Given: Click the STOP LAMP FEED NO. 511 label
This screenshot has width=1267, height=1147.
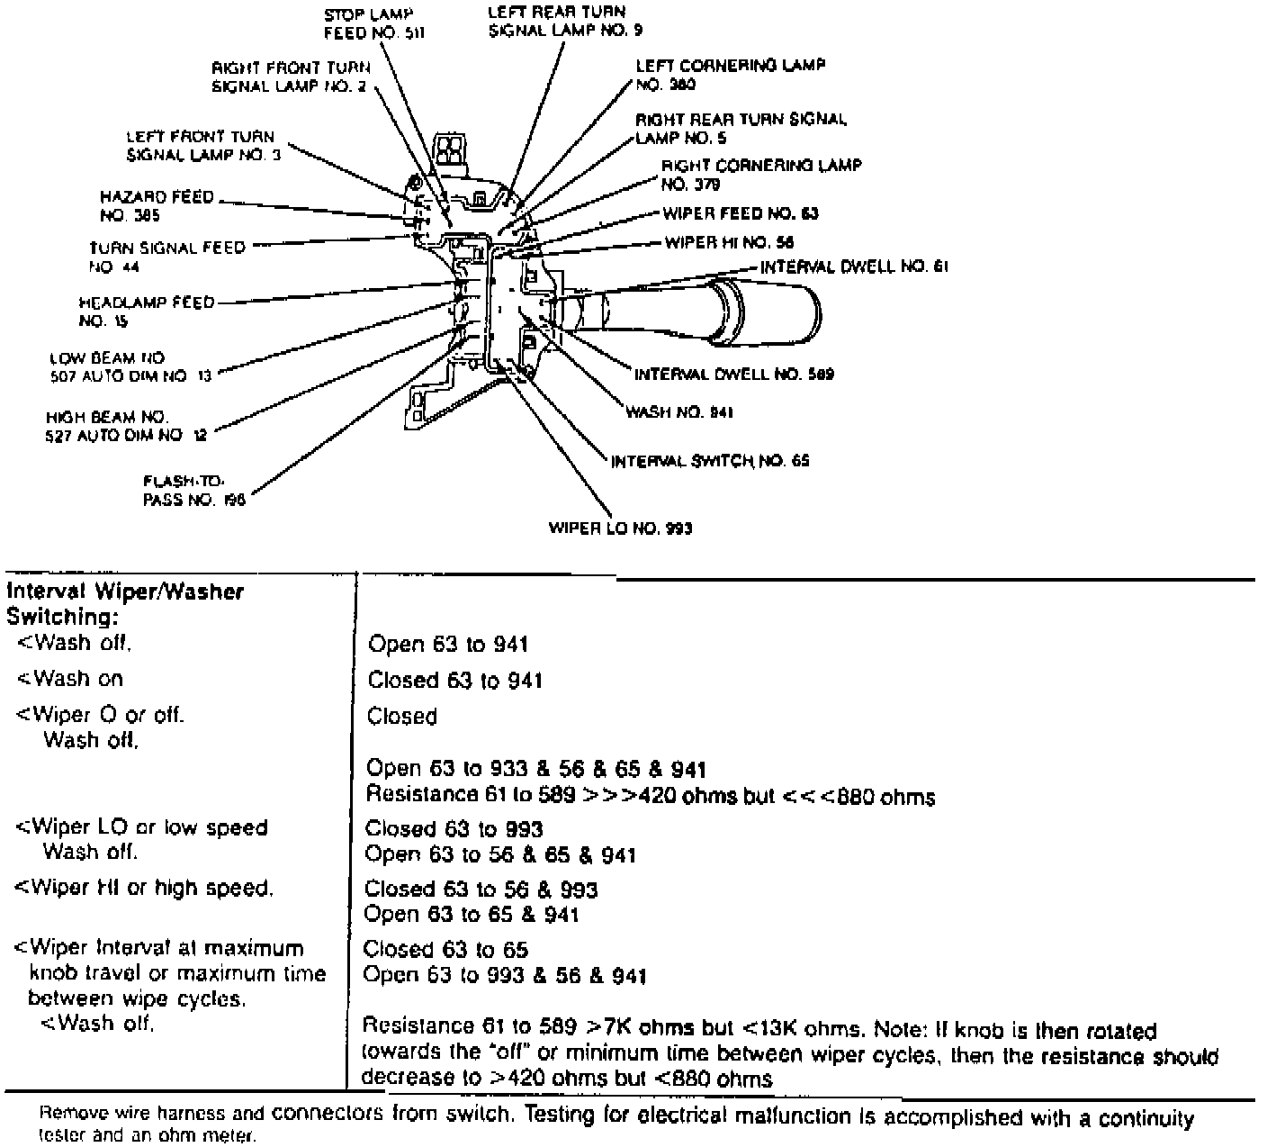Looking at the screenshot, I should pos(373,23).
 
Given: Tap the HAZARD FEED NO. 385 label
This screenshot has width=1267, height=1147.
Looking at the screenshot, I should pos(157,206).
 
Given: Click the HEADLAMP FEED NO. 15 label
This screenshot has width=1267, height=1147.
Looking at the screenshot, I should pos(147,311).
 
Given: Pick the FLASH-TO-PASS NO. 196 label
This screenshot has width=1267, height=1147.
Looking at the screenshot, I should pos(193,490).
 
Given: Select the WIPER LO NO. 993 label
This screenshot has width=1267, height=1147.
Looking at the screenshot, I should pos(620,528).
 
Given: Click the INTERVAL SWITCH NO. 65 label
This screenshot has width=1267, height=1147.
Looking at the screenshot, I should pos(710,461).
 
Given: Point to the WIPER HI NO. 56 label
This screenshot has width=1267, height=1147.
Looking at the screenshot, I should pos(729,242).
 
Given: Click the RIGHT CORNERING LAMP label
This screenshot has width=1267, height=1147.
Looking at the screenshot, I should pos(761,175).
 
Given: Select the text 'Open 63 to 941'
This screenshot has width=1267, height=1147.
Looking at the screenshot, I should pos(448,644).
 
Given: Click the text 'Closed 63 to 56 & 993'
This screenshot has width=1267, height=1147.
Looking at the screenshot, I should pos(481,890).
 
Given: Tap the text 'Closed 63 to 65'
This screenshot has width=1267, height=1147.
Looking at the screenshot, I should pos(445,950).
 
